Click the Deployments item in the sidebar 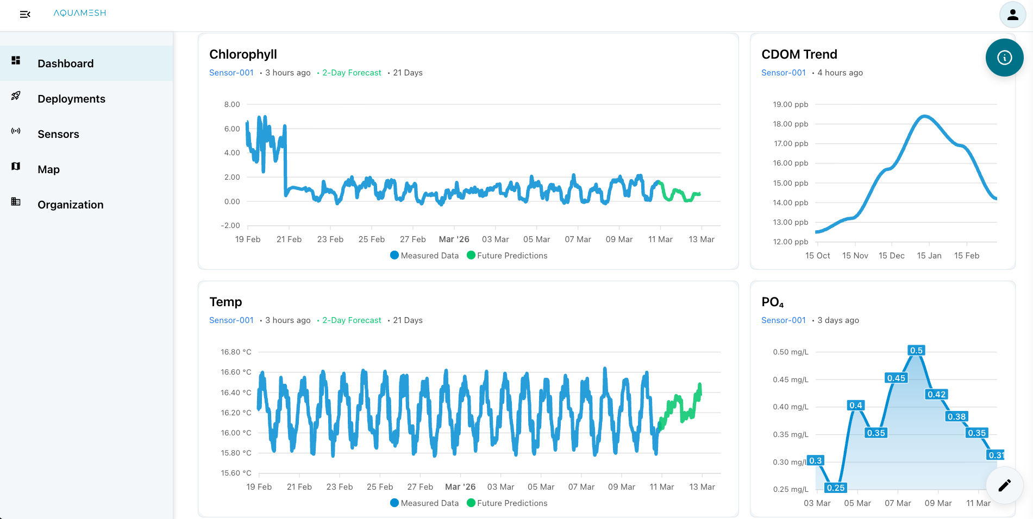tap(71, 99)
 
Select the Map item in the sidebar tap(48, 169)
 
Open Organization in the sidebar tap(70, 205)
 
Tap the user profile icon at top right tap(1012, 15)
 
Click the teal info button tap(1004, 58)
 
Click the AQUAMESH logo tap(79, 13)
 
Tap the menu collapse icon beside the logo tap(25, 14)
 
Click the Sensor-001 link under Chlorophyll tap(231, 73)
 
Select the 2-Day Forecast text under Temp tap(352, 320)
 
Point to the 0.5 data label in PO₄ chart tap(916, 350)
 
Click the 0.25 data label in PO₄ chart tap(835, 488)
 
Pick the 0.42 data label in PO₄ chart tap(936, 394)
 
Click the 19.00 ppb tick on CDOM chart tap(790, 104)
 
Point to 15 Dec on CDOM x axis tap(891, 256)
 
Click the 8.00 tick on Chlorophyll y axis tap(232, 104)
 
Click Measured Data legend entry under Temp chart tap(424, 503)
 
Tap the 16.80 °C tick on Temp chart tap(236, 352)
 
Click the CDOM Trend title tap(799, 54)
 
